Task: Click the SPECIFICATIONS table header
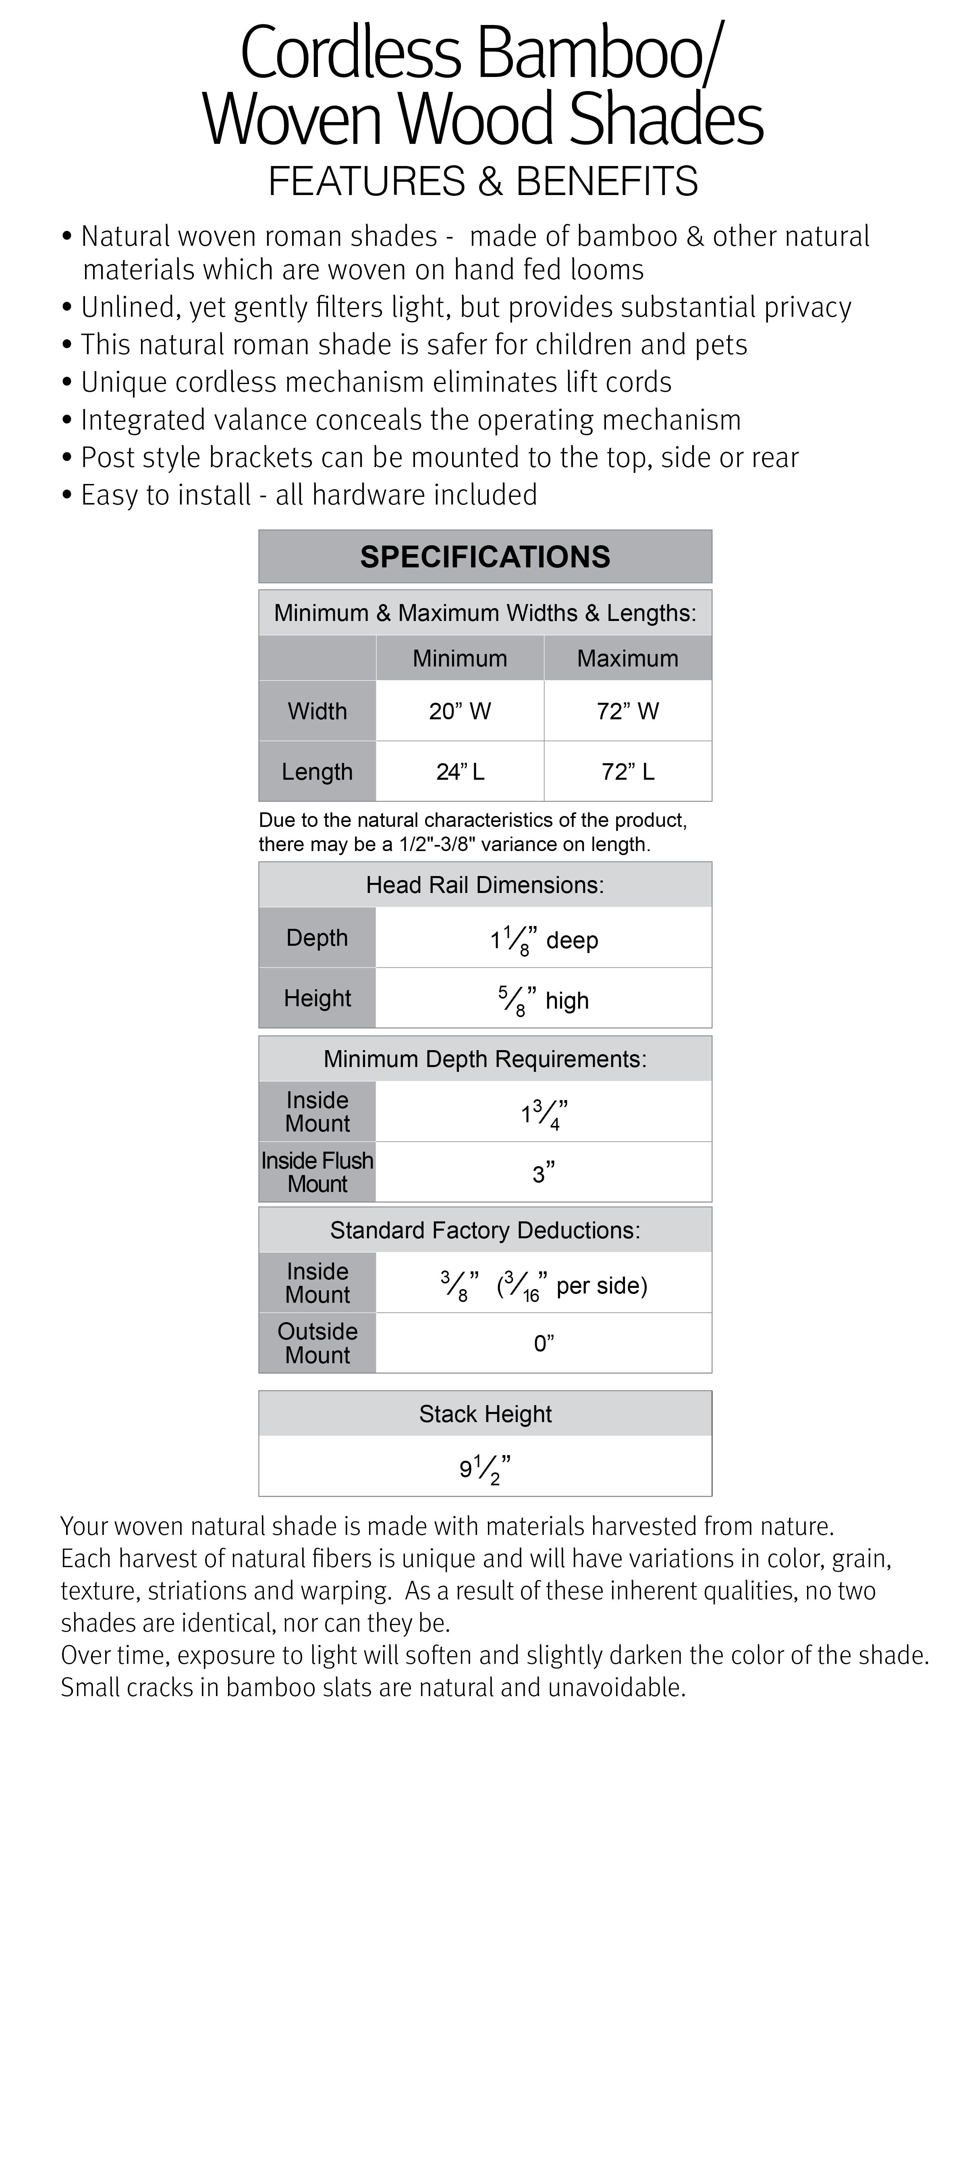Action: pos(485,556)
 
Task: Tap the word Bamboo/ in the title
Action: pos(600,52)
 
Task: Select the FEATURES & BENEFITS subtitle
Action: pos(483,181)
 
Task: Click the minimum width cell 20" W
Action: pos(459,711)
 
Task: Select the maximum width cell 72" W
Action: pos(627,711)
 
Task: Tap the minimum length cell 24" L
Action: pos(459,771)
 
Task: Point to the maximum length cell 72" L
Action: pos(627,771)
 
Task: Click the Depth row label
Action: pos(317,938)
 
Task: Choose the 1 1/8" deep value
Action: pos(544,939)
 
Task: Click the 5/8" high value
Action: pos(544,999)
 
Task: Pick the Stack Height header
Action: pos(485,1414)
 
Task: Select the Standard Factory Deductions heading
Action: pos(485,1230)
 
